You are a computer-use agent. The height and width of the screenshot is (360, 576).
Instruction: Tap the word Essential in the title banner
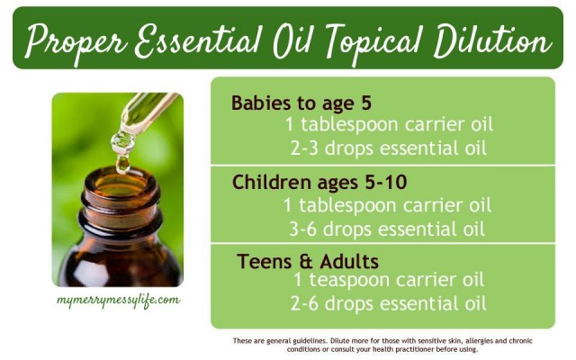(x=199, y=40)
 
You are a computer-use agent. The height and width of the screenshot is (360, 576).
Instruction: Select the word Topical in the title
(x=374, y=43)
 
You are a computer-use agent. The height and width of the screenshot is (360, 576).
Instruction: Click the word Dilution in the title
(x=492, y=40)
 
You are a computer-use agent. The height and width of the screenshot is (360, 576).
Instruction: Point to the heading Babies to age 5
(x=301, y=103)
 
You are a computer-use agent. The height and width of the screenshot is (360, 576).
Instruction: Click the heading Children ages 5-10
(x=319, y=182)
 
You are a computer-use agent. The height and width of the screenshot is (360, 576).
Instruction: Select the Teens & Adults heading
(x=308, y=262)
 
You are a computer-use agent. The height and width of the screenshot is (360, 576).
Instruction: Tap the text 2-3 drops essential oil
(x=389, y=148)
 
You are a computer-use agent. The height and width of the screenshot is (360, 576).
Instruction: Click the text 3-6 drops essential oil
(x=387, y=229)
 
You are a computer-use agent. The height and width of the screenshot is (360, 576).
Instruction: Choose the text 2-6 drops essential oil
(x=389, y=304)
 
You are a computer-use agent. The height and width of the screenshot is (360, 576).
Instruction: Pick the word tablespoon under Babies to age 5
(x=350, y=125)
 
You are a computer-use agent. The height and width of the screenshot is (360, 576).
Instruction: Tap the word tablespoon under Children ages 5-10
(x=348, y=206)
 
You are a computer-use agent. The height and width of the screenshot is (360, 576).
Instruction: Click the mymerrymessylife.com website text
(x=118, y=300)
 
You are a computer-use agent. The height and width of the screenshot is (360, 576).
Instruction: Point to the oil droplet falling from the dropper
(x=122, y=164)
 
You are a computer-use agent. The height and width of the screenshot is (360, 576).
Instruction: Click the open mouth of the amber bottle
(x=121, y=183)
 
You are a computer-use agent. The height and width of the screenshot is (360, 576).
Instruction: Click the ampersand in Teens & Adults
(x=306, y=262)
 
